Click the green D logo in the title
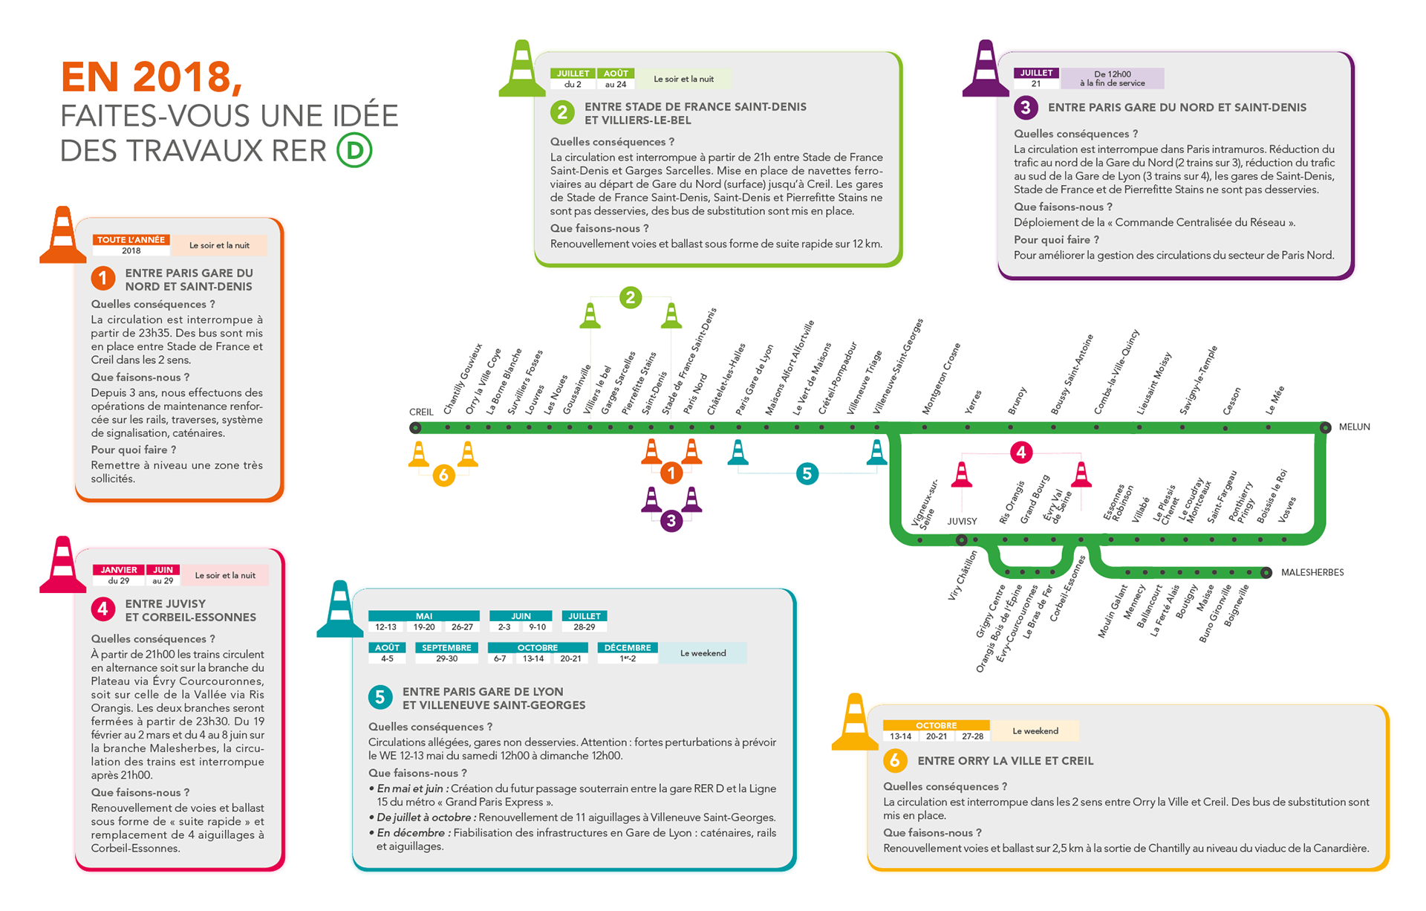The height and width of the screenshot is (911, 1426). tap(354, 151)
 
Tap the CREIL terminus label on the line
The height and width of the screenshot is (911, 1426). tap(421, 412)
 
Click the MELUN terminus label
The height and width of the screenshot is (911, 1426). tap(1354, 427)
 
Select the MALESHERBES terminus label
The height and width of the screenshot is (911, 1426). tap(1312, 573)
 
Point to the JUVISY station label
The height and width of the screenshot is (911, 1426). tap(962, 522)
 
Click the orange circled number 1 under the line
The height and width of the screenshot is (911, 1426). tap(671, 473)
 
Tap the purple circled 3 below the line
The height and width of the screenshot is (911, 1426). tap(671, 521)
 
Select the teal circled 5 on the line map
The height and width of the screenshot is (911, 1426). tap(807, 473)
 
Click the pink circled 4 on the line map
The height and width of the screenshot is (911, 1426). tap(1021, 452)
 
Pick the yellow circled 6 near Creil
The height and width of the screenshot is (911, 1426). tap(443, 475)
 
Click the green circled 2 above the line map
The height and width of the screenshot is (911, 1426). tap(631, 298)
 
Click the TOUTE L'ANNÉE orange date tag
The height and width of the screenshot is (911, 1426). tap(131, 240)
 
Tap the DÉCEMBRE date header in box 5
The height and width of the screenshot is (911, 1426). tap(628, 648)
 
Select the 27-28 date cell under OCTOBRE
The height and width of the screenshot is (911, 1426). tap(972, 736)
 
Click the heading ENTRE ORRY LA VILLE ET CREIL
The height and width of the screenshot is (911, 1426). tap(1005, 761)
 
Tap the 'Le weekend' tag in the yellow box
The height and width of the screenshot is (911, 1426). tap(1035, 731)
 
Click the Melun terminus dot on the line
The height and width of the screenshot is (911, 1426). tap(1325, 427)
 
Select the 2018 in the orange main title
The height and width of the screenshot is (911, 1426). tap(186, 77)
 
